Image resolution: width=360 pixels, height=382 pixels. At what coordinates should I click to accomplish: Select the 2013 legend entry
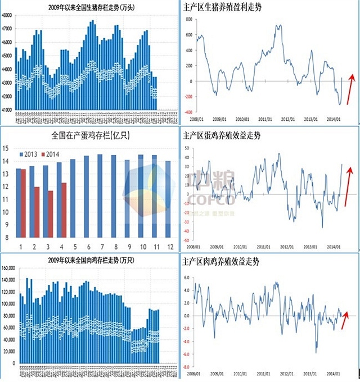[x=33, y=154]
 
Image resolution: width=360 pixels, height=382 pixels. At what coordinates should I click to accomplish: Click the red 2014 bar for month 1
[x=23, y=203]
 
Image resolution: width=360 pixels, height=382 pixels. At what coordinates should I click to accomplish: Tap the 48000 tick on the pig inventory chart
[x=8, y=15]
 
